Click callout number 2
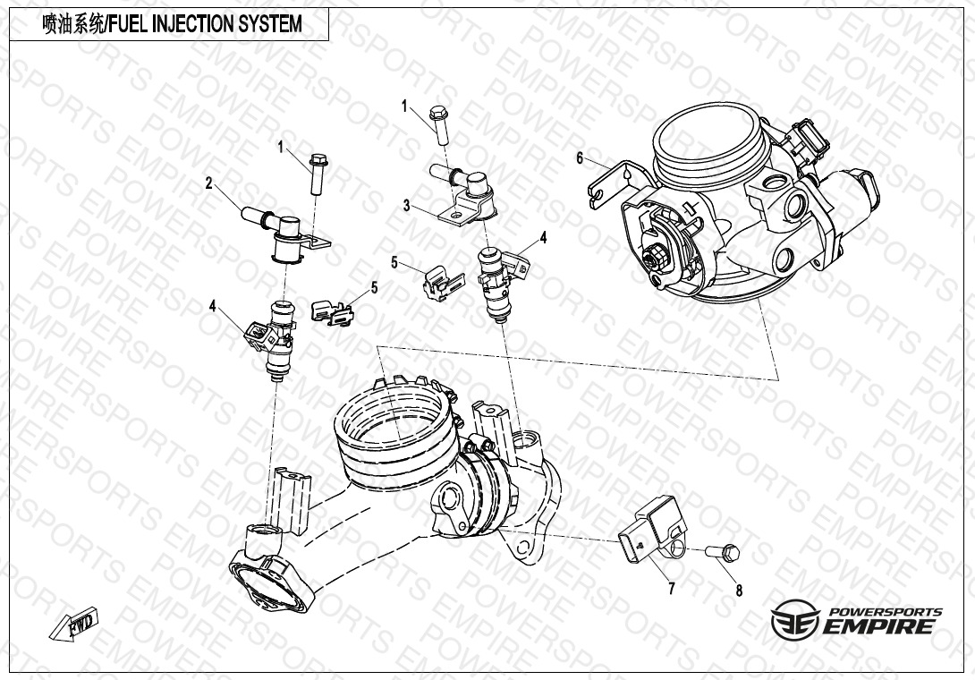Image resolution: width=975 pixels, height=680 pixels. (x=209, y=183)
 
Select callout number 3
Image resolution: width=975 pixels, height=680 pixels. (x=407, y=205)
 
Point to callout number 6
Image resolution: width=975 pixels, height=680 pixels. (x=581, y=158)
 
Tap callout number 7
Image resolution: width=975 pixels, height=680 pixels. (x=672, y=588)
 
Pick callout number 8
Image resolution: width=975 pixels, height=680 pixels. (x=739, y=590)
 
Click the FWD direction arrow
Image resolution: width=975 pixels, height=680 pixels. (x=73, y=624)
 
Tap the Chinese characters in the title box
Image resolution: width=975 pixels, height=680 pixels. (x=72, y=24)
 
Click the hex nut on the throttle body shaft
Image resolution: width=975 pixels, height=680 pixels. (x=656, y=256)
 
